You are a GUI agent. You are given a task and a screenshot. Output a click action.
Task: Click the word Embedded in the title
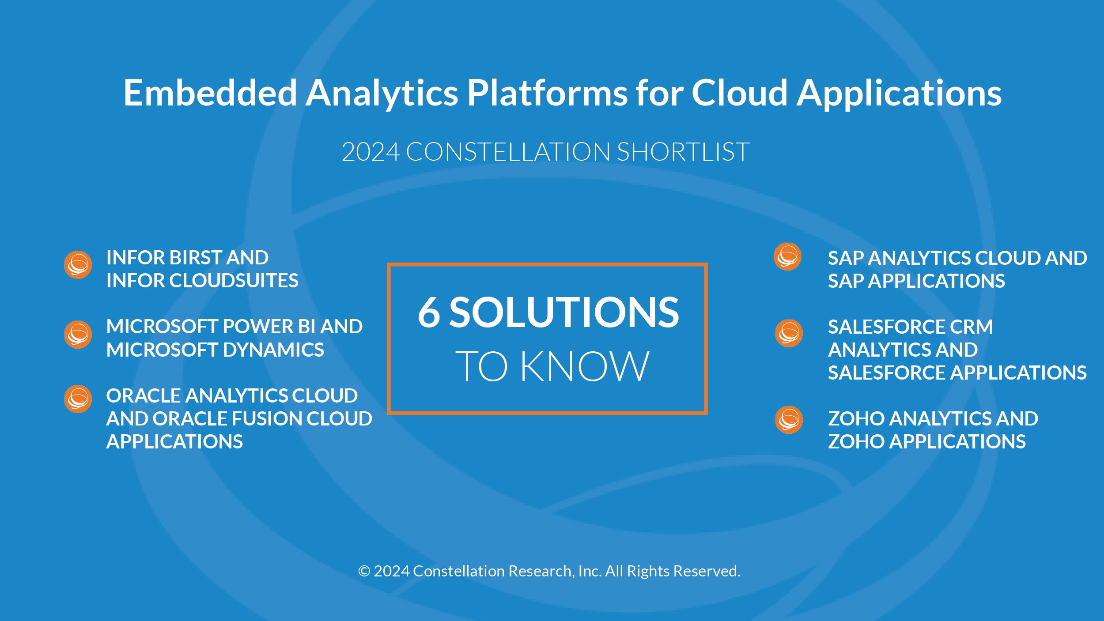point(210,93)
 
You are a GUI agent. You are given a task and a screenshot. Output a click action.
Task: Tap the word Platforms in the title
point(547,93)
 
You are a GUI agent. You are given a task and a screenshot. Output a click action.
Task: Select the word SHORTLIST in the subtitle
point(683,152)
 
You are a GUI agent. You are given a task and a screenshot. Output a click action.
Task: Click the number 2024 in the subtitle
point(371,152)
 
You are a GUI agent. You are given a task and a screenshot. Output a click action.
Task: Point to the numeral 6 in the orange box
point(429,312)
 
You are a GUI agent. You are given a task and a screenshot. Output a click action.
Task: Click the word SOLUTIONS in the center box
point(564,312)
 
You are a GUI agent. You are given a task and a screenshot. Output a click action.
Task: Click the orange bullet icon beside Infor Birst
point(78,265)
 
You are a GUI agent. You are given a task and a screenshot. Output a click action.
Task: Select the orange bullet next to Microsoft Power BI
point(78,335)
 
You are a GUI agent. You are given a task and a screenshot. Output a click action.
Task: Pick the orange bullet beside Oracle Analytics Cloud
point(78,399)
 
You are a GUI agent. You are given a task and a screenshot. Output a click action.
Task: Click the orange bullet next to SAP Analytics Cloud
point(788,256)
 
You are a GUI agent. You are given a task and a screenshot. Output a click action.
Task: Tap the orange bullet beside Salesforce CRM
point(789,333)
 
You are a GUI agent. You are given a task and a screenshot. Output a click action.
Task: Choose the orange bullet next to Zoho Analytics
point(789,420)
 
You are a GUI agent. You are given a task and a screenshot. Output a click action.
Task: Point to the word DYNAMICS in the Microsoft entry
point(274,350)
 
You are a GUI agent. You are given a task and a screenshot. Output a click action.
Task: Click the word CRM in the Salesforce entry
point(971,327)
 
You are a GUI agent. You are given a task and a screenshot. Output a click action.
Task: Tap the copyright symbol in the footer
point(364,571)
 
